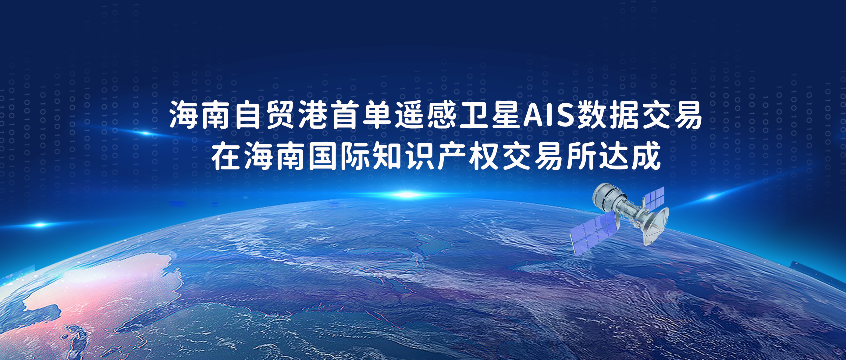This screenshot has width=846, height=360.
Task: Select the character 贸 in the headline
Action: click(x=280, y=115)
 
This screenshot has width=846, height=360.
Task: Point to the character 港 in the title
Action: click(x=312, y=115)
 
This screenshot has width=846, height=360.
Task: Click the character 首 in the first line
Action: click(x=344, y=115)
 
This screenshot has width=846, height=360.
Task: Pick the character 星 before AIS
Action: click(x=506, y=115)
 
